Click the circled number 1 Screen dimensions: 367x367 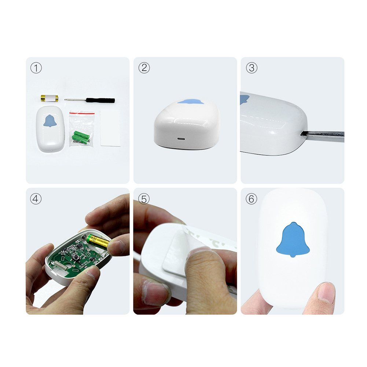point(36,68)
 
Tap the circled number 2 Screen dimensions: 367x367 point(144,68)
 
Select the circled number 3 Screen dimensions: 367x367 point(252,68)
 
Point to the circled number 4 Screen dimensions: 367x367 point(36,199)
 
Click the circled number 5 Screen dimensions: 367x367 point(144,199)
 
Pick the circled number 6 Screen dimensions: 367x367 point(252,199)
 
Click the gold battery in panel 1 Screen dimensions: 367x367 point(49,98)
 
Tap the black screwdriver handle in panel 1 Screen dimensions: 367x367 point(100,100)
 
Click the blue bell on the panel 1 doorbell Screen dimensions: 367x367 point(50,121)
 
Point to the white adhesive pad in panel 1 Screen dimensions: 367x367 point(110,128)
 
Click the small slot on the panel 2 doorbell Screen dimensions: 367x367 point(181,139)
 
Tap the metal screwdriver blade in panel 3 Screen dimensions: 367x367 point(322,136)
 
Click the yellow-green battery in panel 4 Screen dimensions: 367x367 point(98,241)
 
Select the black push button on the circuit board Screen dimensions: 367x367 point(76,258)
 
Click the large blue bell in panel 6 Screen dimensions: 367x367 point(293,239)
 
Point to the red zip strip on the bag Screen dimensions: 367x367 point(82,113)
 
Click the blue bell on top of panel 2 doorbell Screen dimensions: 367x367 point(191,102)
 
